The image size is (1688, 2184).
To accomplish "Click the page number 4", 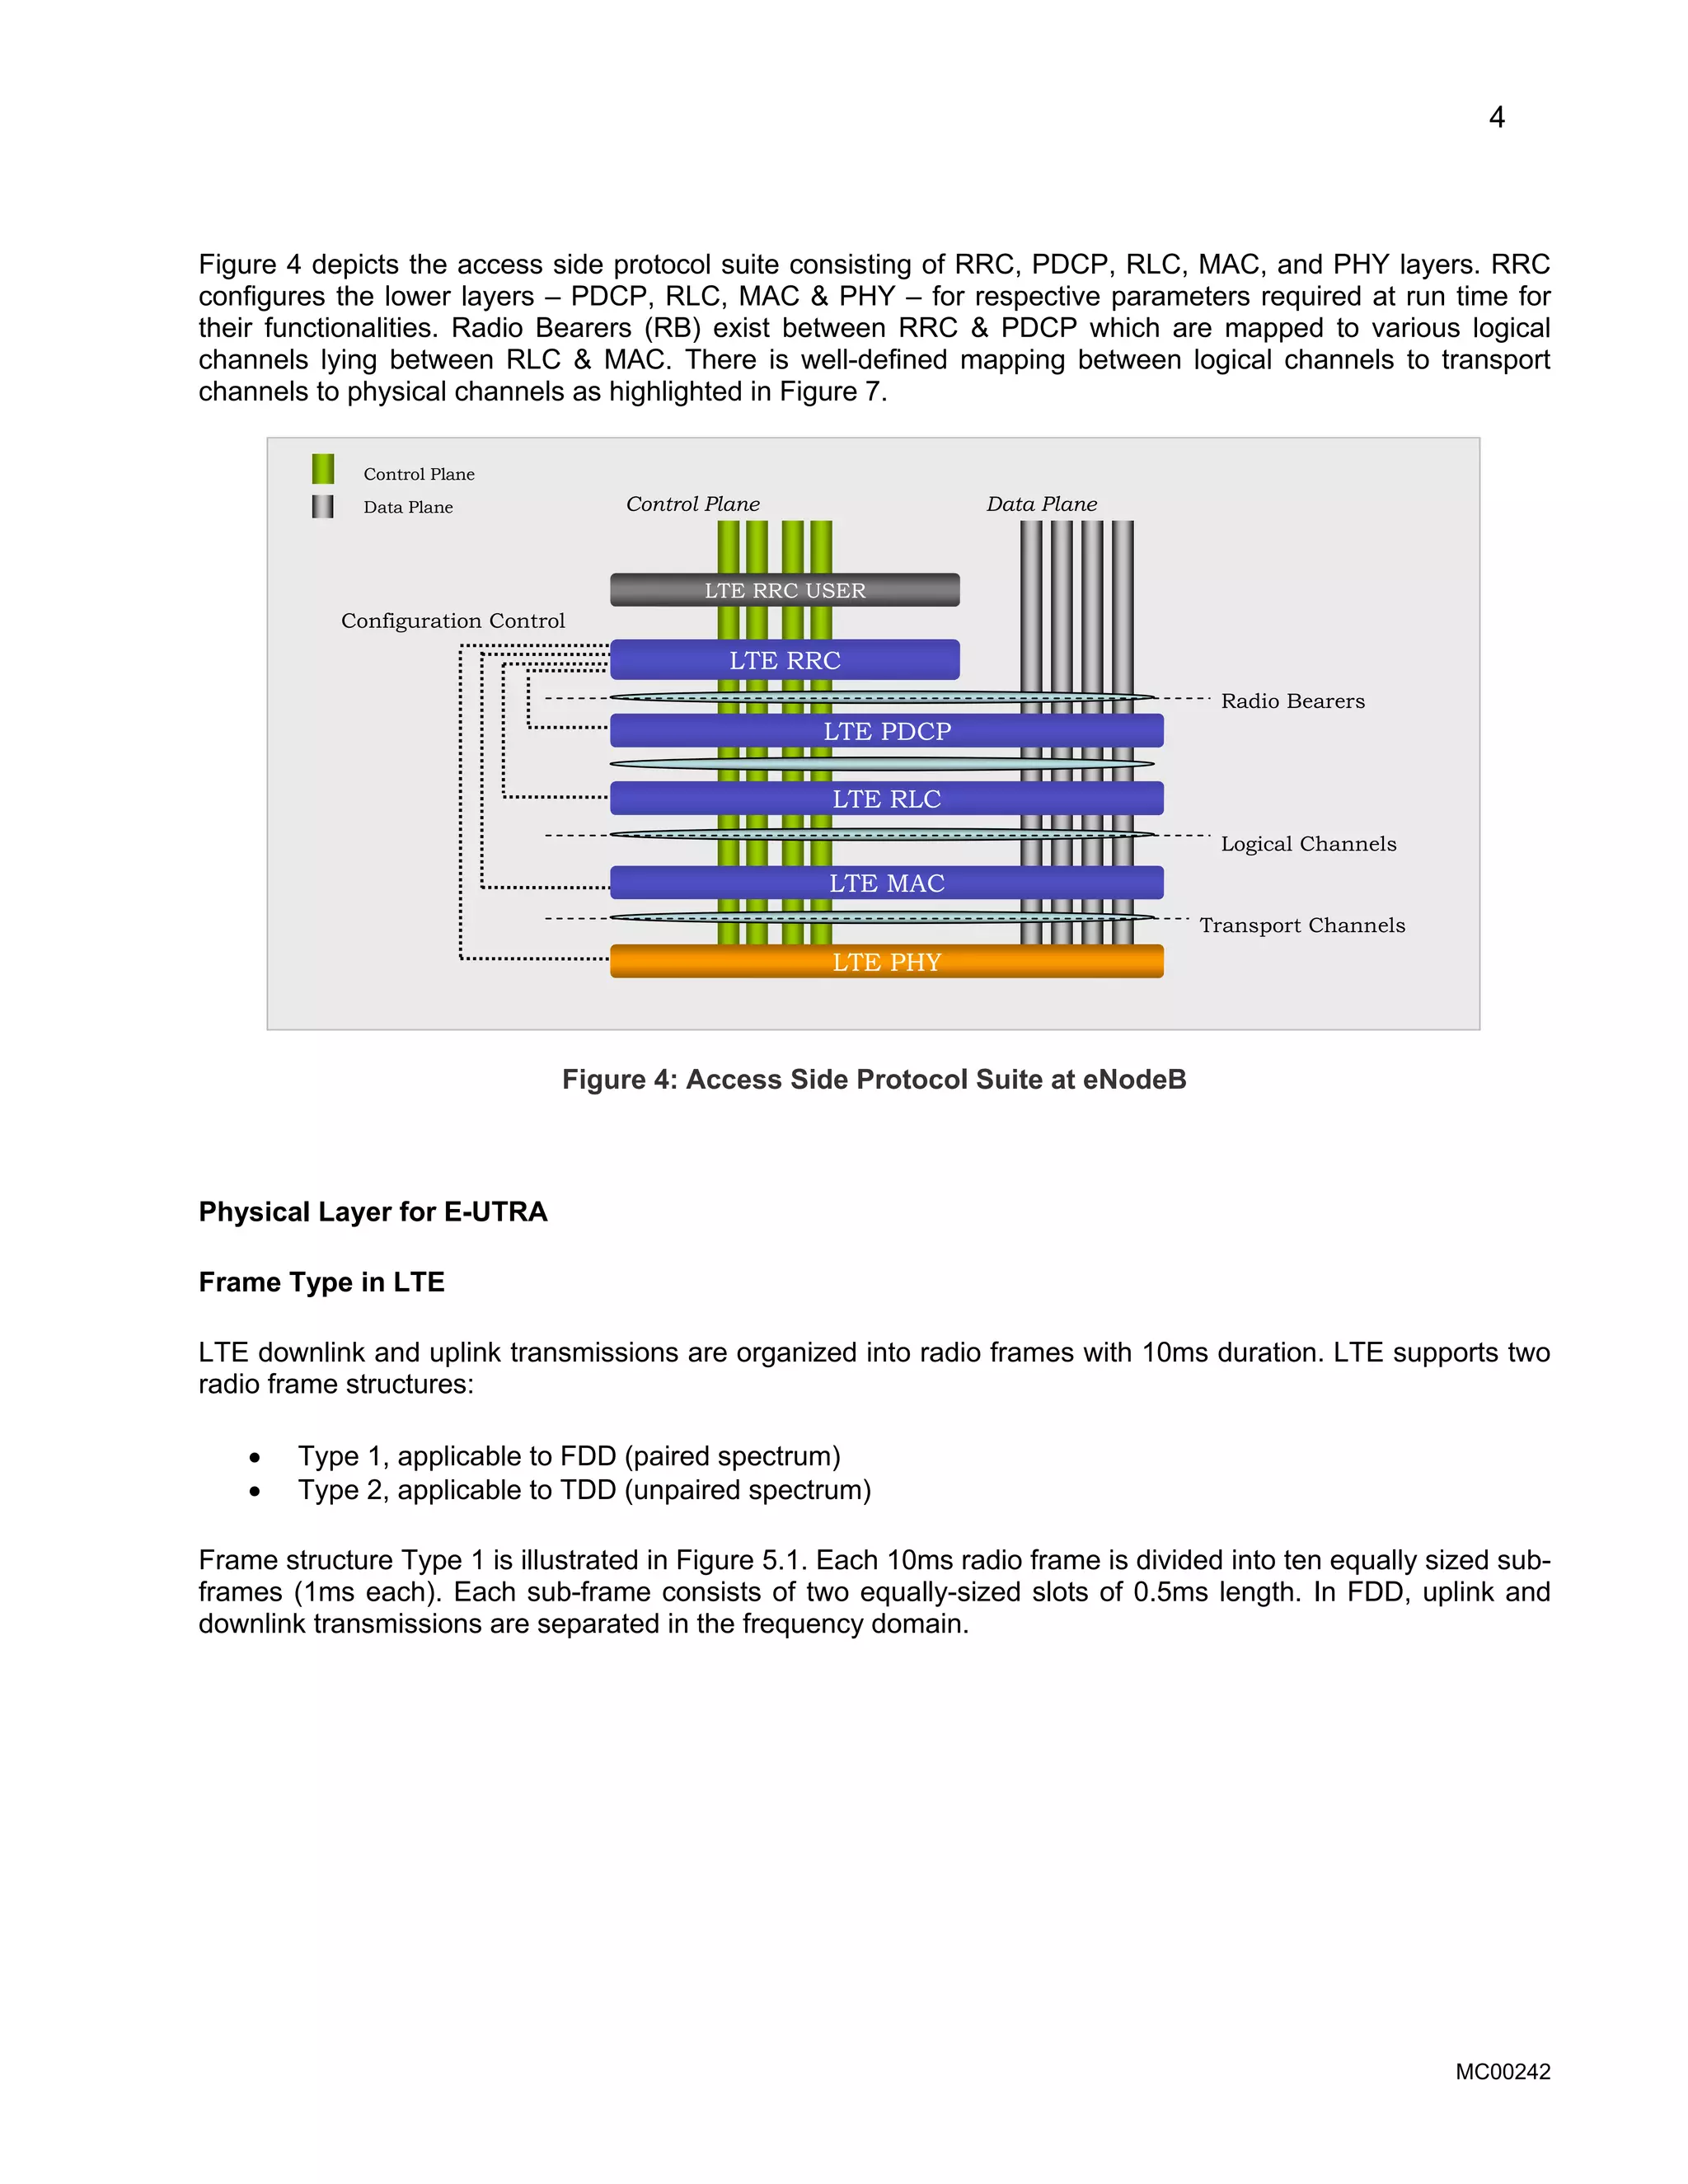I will pos(1496,118).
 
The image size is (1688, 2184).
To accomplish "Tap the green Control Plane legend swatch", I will pos(323,469).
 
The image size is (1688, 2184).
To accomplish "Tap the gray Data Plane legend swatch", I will pos(322,506).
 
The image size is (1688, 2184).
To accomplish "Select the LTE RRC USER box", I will pos(785,590).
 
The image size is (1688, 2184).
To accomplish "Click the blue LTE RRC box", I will pos(785,660).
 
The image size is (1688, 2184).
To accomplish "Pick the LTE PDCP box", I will pos(887,731).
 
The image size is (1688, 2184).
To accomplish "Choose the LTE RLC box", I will pos(887,799).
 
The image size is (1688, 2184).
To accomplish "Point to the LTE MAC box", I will pos(887,883).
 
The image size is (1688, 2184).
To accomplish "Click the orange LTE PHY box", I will pos(887,962).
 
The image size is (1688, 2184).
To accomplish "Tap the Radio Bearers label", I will pos(1292,701).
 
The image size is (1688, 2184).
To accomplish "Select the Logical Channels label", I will pos(1308,844).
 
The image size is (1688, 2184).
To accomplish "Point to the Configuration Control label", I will pos(453,621).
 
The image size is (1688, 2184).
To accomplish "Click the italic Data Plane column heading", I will pos(1041,504).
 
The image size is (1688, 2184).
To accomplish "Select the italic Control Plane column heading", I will pos(693,504).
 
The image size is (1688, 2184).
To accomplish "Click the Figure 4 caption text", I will pos(874,1080).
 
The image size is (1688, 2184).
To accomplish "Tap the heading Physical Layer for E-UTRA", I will pos(373,1212).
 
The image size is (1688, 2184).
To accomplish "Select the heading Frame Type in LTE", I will pos(321,1282).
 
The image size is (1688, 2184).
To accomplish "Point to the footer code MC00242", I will pos(1502,2072).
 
